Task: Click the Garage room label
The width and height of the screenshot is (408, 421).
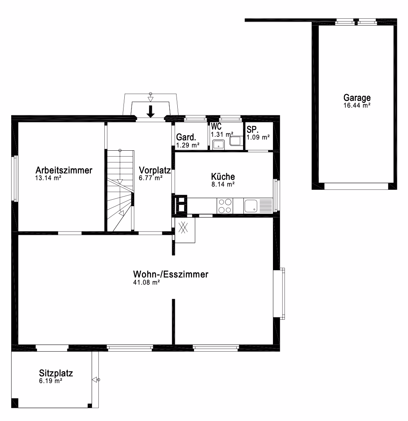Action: click(357, 98)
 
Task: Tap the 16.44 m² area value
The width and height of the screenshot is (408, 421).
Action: click(357, 106)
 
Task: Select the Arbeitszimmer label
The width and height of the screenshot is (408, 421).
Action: click(64, 170)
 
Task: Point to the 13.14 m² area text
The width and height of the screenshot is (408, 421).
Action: click(48, 178)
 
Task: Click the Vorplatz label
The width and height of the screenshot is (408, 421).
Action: click(155, 170)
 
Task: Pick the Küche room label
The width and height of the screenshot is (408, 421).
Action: click(223, 176)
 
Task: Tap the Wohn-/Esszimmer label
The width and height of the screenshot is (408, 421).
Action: click(171, 274)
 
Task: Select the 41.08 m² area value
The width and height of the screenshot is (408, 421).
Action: click(147, 282)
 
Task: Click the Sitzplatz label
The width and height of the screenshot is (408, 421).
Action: click(56, 373)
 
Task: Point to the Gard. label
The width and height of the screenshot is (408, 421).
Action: click(186, 137)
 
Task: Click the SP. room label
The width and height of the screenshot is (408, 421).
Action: click(253, 130)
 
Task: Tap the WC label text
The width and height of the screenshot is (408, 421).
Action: click(216, 126)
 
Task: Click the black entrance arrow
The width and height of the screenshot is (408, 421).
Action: click(151, 111)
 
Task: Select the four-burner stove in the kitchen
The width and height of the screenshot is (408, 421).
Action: click(225, 206)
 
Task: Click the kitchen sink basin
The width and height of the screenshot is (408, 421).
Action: click(251, 206)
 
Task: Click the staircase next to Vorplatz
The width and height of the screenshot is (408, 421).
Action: click(120, 191)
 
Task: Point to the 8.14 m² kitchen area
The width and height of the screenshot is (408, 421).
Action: click(223, 184)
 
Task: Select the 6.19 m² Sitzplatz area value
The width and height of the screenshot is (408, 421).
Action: click(51, 381)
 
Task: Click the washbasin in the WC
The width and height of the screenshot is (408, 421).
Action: click(218, 144)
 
